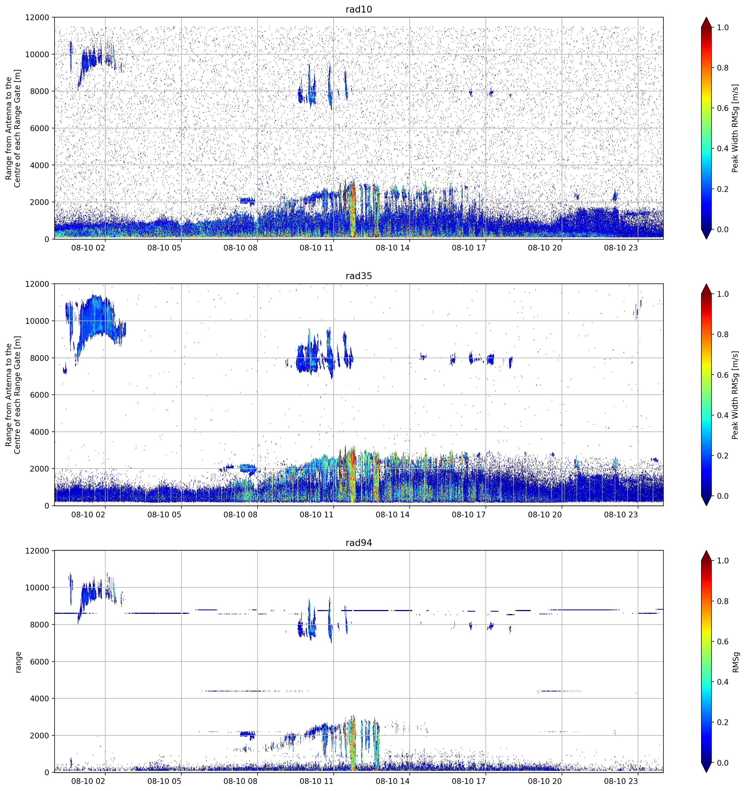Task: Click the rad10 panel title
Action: pyautogui.click(x=358, y=9)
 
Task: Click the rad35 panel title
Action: pyautogui.click(x=358, y=276)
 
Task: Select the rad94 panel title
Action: pyautogui.click(x=358, y=543)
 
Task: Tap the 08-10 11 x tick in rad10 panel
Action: pyautogui.click(x=316, y=248)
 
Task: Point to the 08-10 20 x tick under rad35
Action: pyautogui.click(x=545, y=514)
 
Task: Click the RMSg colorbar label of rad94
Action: pyautogui.click(x=736, y=662)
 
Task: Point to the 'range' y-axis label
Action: pyautogui.click(x=18, y=662)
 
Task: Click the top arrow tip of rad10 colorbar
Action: pyautogui.click(x=706, y=17)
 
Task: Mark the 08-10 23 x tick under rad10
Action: pyautogui.click(x=621, y=248)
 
